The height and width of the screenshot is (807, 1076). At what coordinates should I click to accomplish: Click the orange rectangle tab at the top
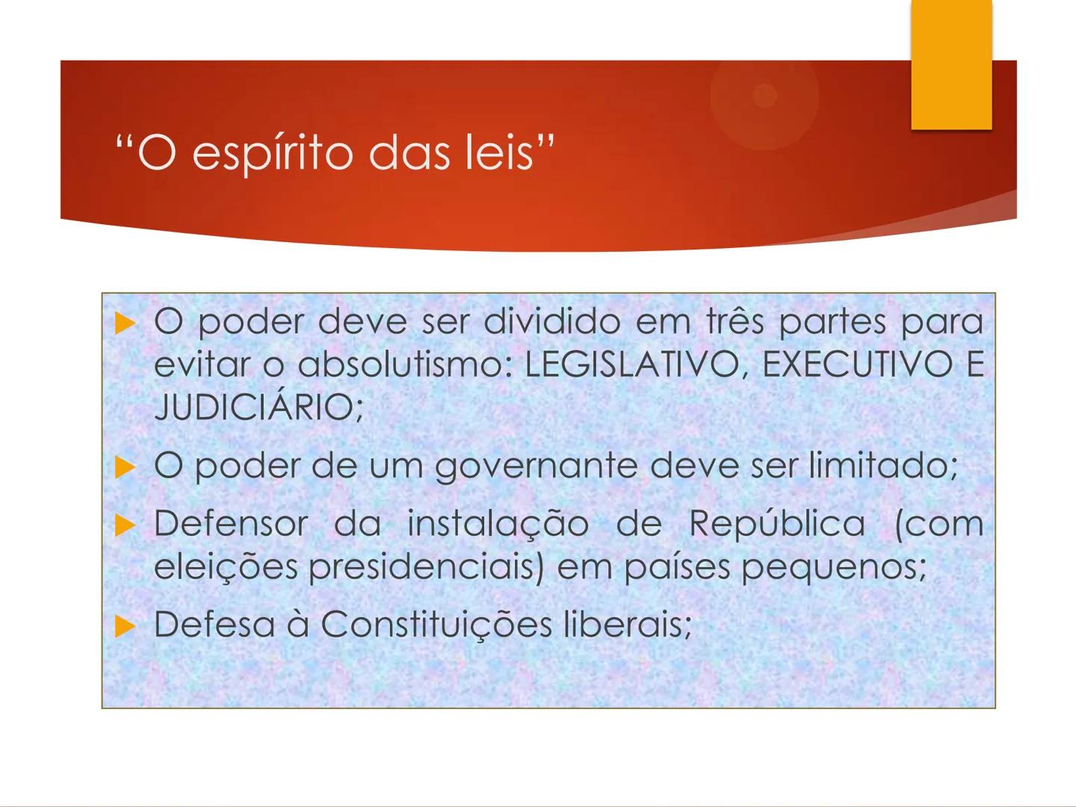[x=951, y=64]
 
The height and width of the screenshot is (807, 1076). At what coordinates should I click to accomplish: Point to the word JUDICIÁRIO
[x=259, y=407]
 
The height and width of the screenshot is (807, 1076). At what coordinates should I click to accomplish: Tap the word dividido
[x=551, y=322]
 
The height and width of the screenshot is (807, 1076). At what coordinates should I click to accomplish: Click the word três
[x=735, y=322]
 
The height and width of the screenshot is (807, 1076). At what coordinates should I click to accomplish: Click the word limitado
[x=882, y=466]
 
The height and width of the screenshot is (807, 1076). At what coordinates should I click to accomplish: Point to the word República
[x=777, y=523]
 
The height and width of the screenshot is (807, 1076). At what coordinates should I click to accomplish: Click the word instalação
[x=498, y=523]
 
